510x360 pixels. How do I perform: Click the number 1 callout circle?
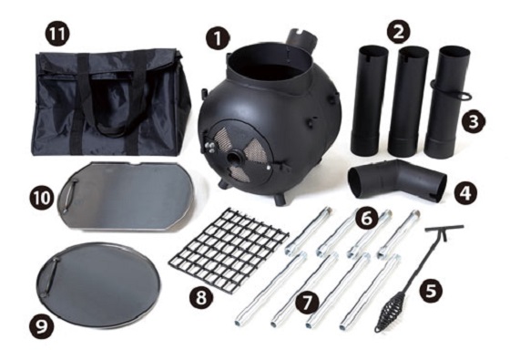click(x=218, y=38)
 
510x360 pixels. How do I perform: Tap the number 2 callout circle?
click(x=399, y=31)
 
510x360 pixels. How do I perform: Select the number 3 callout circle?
click(x=474, y=122)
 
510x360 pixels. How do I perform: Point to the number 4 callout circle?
click(x=466, y=192)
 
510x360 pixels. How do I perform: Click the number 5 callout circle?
click(x=431, y=291)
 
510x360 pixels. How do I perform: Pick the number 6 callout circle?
click(x=366, y=219)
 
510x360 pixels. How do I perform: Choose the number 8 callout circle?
click(x=201, y=297)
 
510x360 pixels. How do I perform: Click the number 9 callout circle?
click(x=41, y=326)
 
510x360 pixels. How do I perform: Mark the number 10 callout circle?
click(x=42, y=198)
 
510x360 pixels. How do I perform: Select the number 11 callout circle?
click(x=57, y=34)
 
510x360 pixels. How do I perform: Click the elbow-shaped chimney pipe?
click(x=396, y=180)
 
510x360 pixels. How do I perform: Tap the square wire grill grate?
click(x=229, y=245)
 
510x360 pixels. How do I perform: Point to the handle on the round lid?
click(x=51, y=275)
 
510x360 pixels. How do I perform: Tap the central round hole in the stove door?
click(x=233, y=159)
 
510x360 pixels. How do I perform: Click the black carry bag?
click(x=110, y=101)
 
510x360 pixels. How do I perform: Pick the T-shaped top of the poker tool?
click(x=444, y=229)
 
